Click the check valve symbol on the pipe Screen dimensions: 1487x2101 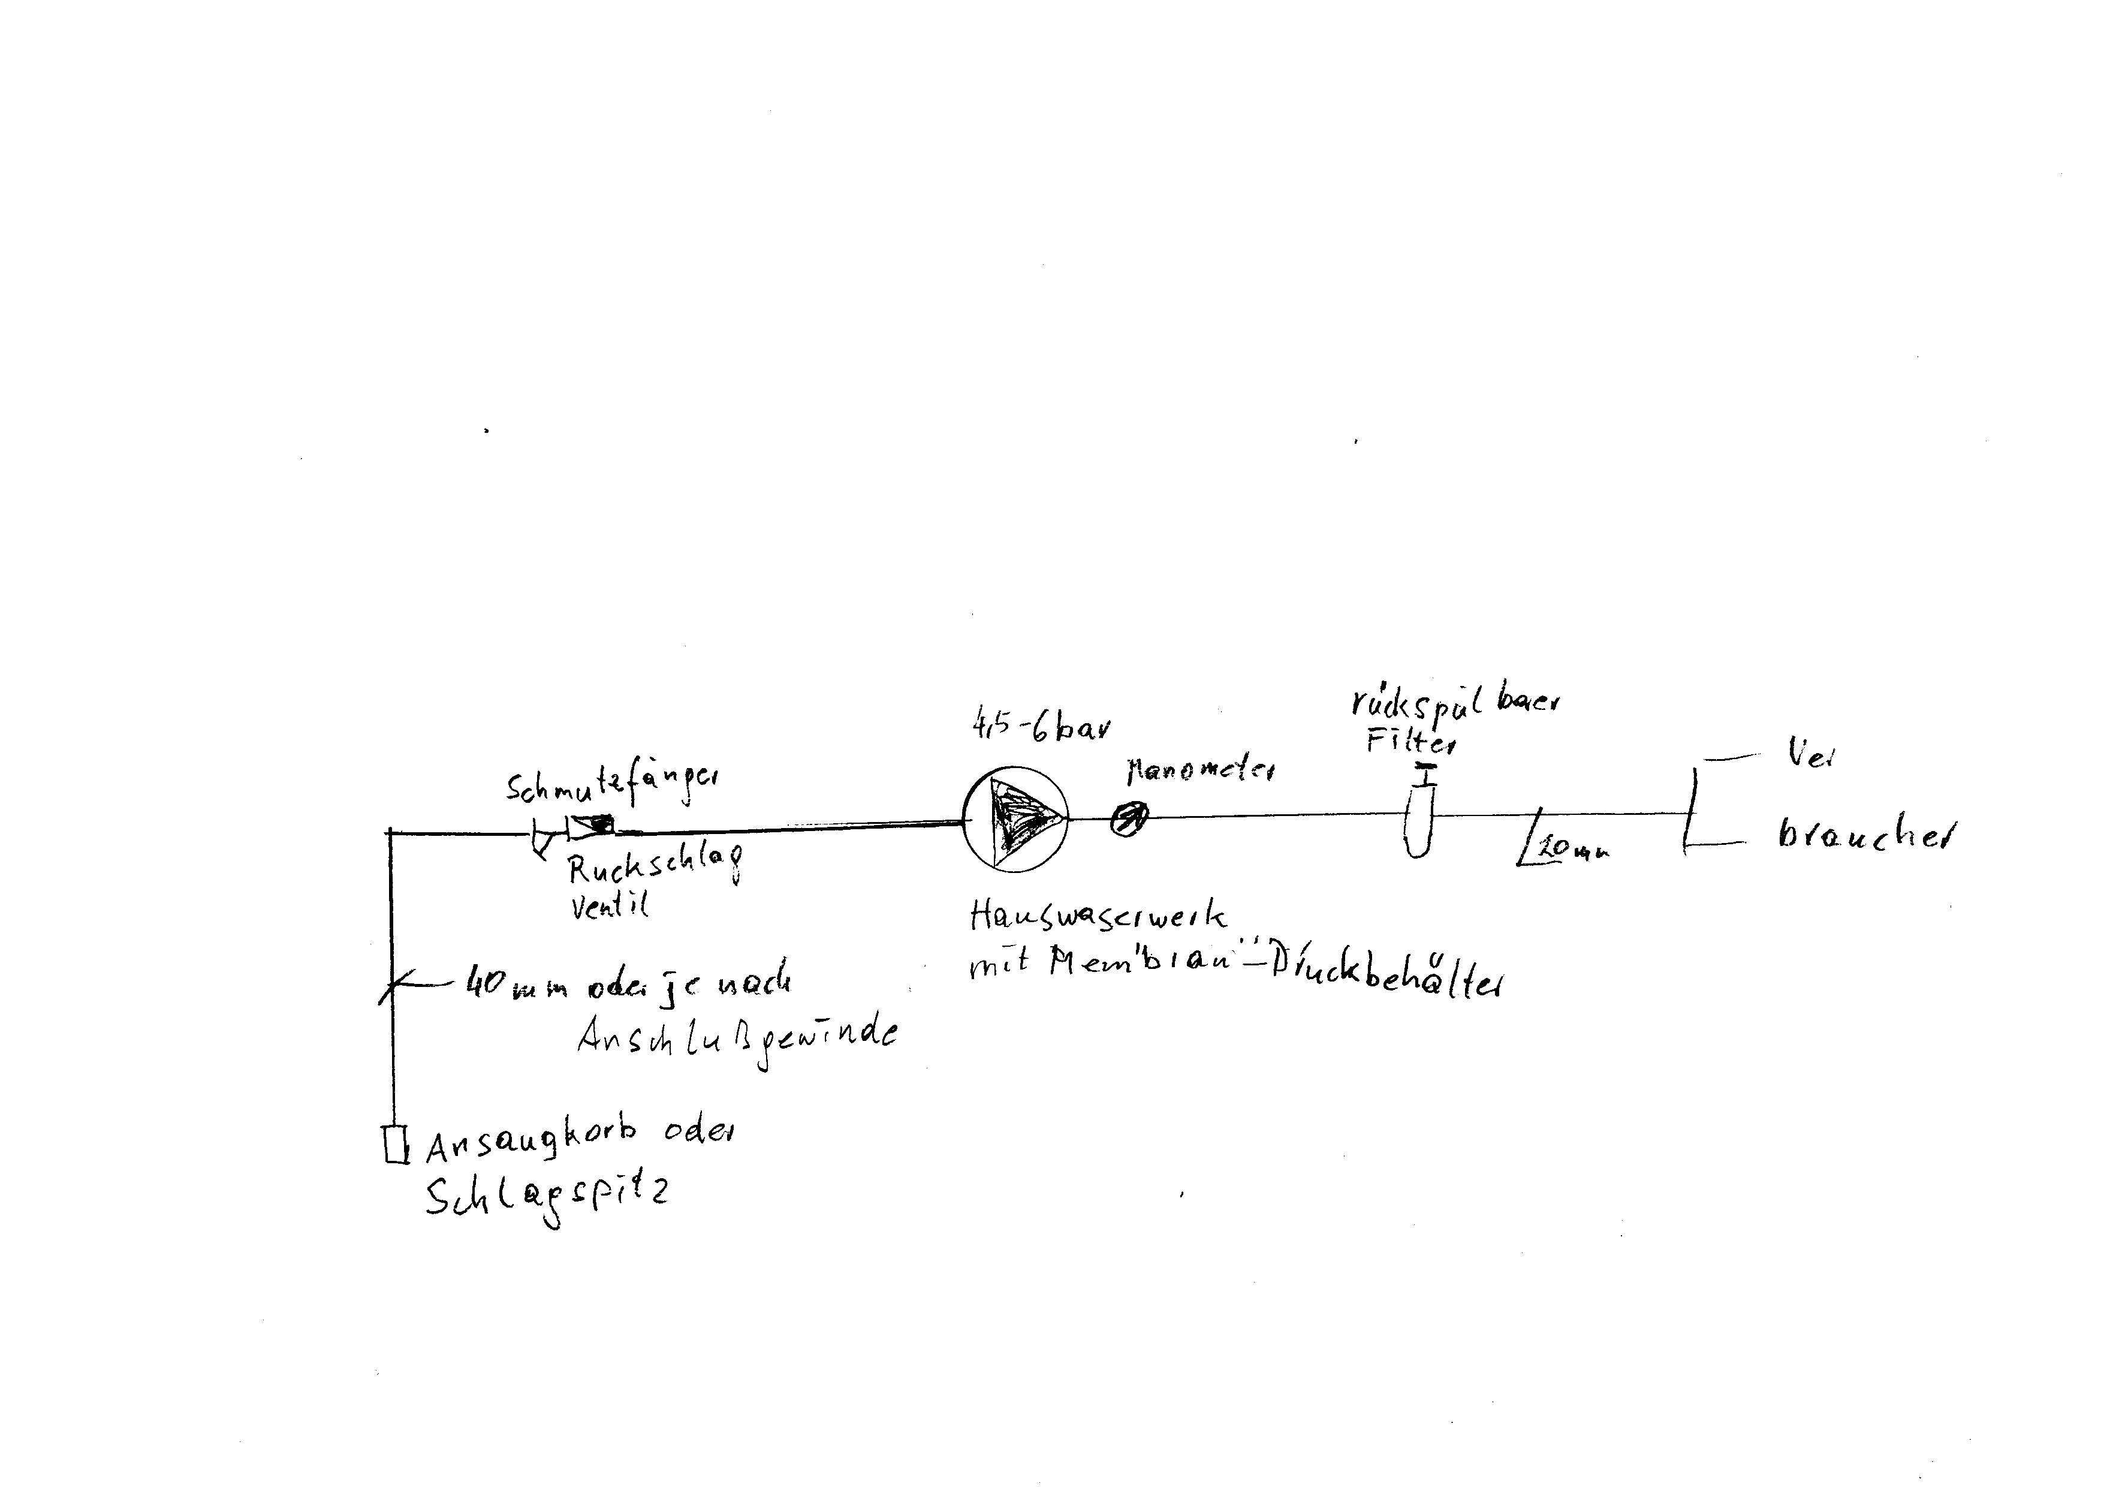click(x=590, y=827)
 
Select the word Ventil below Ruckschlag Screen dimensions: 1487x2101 click(x=609, y=905)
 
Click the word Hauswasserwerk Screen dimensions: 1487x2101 click(x=1098, y=915)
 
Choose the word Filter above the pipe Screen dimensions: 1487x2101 click(x=1410, y=740)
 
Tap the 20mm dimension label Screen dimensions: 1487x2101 click(x=1574, y=850)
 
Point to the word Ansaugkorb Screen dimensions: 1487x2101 click(x=531, y=1140)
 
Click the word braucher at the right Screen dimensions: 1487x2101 click(x=1863, y=835)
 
